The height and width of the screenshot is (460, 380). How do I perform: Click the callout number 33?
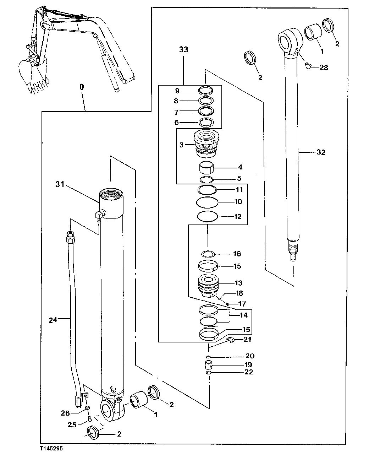click(x=183, y=50)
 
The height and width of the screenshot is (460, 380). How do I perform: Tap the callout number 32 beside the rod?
click(x=320, y=152)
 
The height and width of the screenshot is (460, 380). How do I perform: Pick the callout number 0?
click(x=82, y=86)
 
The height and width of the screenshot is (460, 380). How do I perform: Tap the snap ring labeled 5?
click(x=206, y=179)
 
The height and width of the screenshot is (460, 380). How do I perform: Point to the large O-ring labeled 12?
click(x=207, y=216)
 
